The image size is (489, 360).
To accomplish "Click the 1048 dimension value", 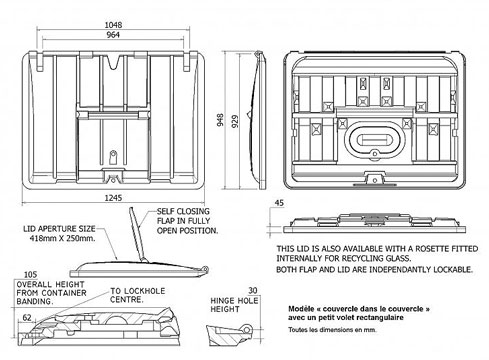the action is click(x=113, y=25).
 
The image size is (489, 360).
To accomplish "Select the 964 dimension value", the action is click(x=113, y=35).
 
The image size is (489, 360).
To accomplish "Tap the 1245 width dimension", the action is click(x=113, y=198).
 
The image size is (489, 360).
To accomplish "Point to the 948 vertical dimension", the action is click(x=220, y=120).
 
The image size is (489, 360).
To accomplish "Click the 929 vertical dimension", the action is click(x=235, y=121).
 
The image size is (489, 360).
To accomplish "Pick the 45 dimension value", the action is click(x=279, y=203).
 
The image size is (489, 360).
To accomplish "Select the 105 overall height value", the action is click(x=30, y=275).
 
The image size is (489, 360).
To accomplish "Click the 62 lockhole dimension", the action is click(x=27, y=318).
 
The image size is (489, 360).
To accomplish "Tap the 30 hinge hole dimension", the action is click(x=253, y=290).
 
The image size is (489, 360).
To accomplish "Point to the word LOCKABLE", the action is click(x=453, y=269).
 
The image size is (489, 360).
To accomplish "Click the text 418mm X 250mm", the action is click(x=62, y=238).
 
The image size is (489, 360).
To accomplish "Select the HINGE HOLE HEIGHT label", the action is click(x=234, y=305).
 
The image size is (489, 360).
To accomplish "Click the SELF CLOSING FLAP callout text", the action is click(x=187, y=221).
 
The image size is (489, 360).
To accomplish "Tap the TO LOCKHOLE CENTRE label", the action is click(x=137, y=295).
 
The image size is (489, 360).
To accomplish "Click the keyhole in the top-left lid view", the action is click(x=113, y=157).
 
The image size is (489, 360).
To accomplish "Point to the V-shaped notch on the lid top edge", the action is click(x=113, y=62).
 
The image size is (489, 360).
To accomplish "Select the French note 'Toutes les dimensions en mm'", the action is click(x=332, y=330).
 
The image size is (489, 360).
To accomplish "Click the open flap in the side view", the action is click(x=137, y=234).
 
